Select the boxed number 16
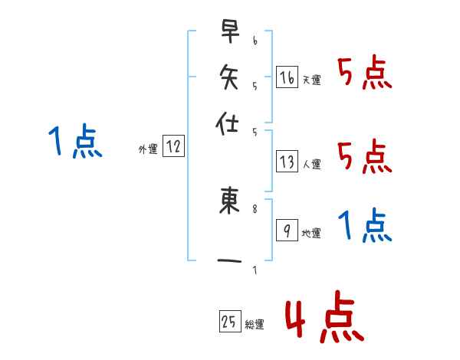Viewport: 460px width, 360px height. pos(287,77)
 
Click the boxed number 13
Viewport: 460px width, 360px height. pos(287,162)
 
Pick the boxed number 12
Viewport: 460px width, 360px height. pos(174,147)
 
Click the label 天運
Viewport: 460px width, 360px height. pos(310,80)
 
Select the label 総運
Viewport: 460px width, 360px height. pos(254,325)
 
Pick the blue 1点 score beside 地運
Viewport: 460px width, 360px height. pos(364,226)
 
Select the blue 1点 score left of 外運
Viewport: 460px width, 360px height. pos(74,142)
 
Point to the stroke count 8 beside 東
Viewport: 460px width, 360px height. pos(255,206)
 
